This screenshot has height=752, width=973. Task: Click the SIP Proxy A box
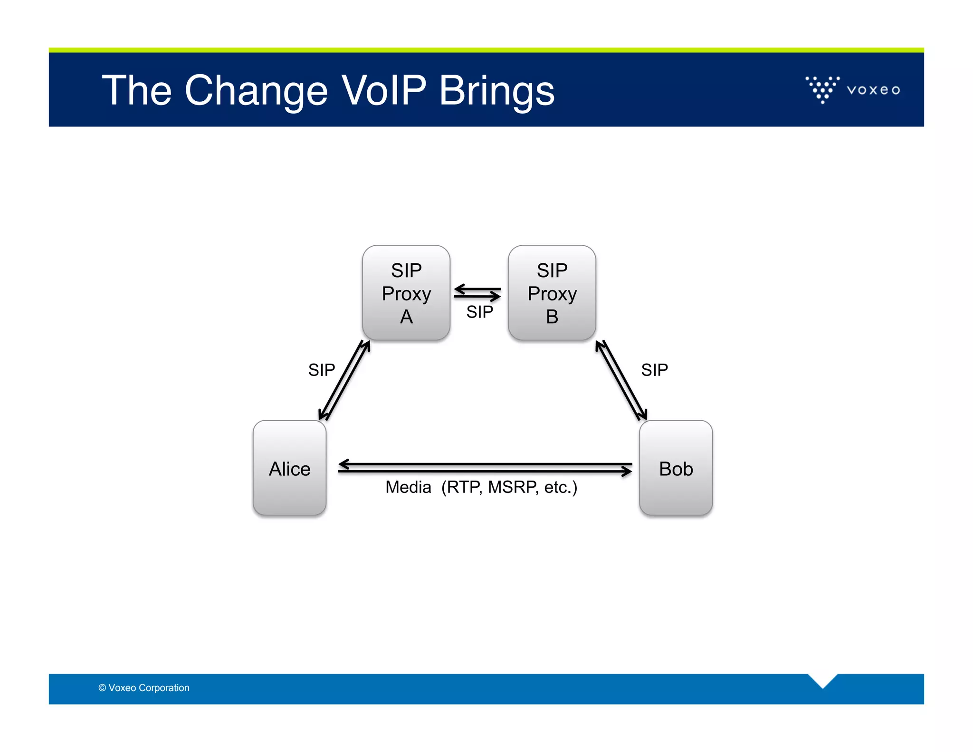[x=406, y=293]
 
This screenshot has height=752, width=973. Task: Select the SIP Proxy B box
[x=552, y=293]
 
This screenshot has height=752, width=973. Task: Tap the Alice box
[x=289, y=468]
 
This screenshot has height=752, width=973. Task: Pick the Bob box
[x=676, y=468]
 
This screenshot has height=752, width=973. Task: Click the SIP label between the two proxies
[x=479, y=312]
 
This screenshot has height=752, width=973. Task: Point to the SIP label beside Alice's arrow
[x=321, y=370]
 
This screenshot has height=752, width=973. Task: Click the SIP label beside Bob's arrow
[x=654, y=370]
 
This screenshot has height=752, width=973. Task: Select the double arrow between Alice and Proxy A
[x=344, y=380]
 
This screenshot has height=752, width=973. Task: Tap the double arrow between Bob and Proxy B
[x=621, y=380]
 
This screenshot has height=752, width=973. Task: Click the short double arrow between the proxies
[x=477, y=292]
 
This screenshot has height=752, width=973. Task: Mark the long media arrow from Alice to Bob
[x=485, y=467]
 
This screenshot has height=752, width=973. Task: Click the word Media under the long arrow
[x=408, y=487]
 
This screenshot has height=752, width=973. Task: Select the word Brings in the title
[x=496, y=91]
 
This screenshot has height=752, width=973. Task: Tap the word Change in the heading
[x=256, y=91]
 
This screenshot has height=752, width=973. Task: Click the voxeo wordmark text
[x=873, y=90]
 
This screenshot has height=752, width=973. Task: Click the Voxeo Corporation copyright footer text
[x=144, y=688]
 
